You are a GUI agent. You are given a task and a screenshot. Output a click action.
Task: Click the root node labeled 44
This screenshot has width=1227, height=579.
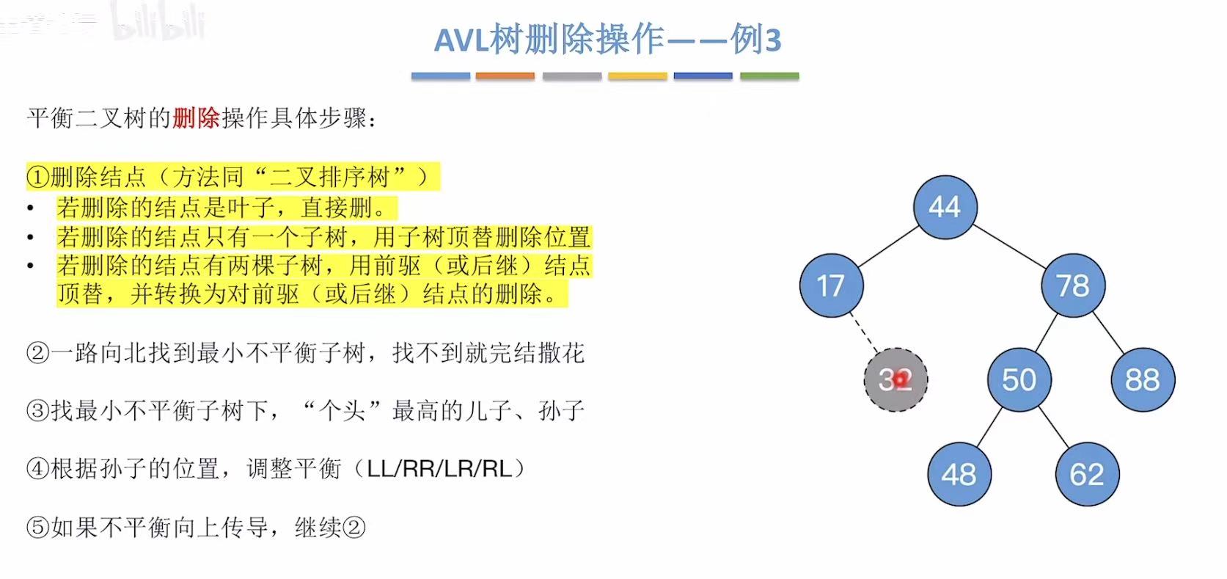tap(945, 207)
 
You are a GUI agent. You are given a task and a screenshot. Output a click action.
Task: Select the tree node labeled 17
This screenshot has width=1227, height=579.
tap(831, 285)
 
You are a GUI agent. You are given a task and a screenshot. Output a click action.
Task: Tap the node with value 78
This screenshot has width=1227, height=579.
tap(1072, 285)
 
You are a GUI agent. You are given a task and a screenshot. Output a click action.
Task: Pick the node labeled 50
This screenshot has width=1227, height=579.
tap(1019, 379)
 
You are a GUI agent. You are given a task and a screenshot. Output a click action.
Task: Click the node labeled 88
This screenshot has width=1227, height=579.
tap(1142, 379)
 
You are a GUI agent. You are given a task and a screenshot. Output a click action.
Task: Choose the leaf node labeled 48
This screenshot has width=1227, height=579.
tap(959, 474)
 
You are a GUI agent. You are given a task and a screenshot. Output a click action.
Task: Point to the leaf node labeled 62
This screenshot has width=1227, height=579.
tap(1087, 474)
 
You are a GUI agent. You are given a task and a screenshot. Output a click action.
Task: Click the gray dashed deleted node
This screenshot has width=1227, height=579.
tap(895, 379)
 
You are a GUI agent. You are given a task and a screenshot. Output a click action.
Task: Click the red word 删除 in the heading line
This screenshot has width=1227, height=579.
tap(196, 118)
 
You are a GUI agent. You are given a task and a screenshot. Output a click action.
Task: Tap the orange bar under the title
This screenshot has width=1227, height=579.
tap(505, 76)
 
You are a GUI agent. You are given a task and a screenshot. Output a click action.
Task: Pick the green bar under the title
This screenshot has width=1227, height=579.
tap(769, 76)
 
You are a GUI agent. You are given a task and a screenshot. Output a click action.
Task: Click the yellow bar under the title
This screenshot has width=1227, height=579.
tap(637, 76)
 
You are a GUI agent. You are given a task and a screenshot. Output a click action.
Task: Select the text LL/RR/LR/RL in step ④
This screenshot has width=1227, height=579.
tap(439, 468)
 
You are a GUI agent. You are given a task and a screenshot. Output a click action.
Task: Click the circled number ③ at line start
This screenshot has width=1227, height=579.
tap(37, 410)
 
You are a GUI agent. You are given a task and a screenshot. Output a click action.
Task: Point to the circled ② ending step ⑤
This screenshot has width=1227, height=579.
tap(354, 527)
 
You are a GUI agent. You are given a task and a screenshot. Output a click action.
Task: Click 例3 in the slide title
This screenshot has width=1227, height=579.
tap(755, 40)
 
